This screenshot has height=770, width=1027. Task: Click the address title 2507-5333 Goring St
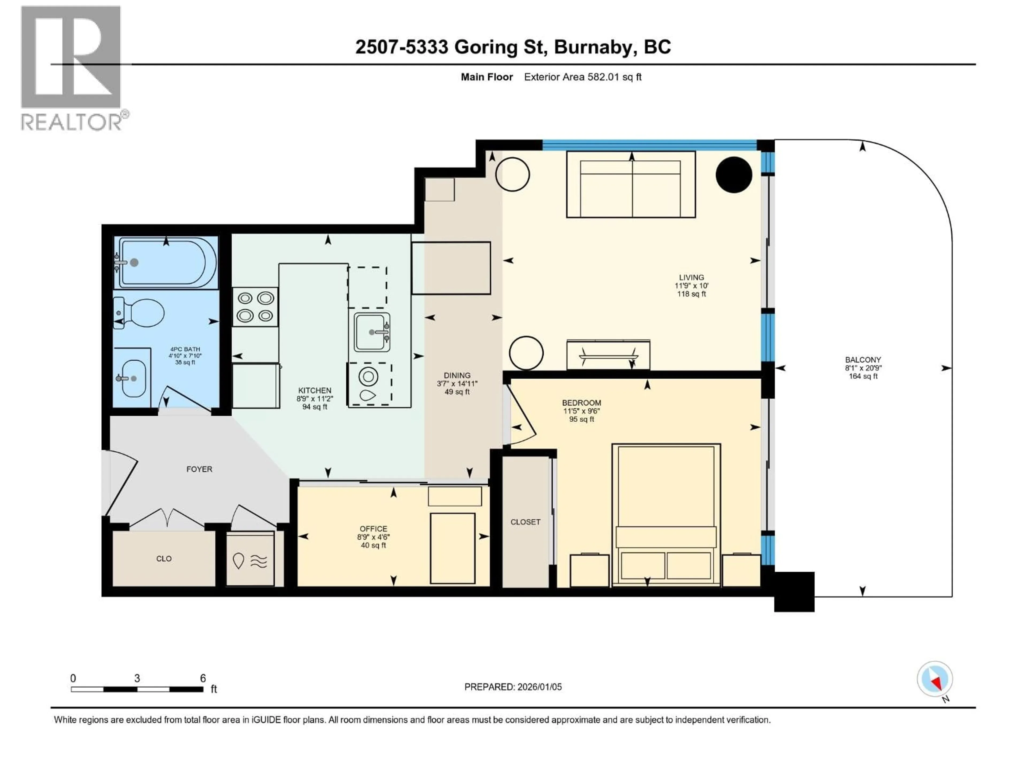tap(513, 47)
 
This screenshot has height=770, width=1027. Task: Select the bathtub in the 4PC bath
tap(167, 263)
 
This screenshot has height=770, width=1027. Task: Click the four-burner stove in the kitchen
tap(255, 307)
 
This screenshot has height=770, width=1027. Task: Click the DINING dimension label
tap(457, 383)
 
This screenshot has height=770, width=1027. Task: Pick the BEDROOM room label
tap(581, 411)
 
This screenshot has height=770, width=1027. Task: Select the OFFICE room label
tap(373, 537)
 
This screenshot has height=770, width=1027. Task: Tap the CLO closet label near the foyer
tap(164, 558)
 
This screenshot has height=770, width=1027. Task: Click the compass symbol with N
tap(935, 679)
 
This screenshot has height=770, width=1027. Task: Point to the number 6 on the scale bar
tap(203, 678)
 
